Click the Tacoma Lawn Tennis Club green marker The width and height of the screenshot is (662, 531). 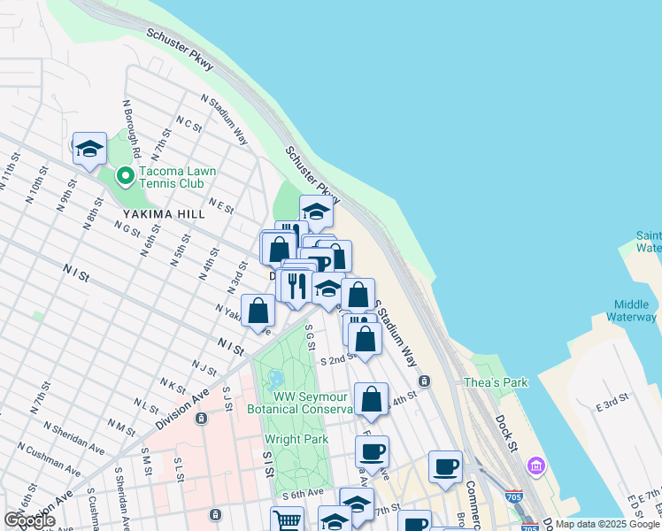pyautogui.click(x=125, y=176)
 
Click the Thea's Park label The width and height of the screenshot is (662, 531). pyautogui.click(x=496, y=382)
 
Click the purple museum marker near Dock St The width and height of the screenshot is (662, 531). pyautogui.click(x=535, y=465)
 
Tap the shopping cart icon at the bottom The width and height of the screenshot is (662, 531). pyautogui.click(x=287, y=520)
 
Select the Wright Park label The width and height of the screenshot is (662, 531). pyautogui.click(x=296, y=439)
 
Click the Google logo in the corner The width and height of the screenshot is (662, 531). pyautogui.click(x=29, y=520)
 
